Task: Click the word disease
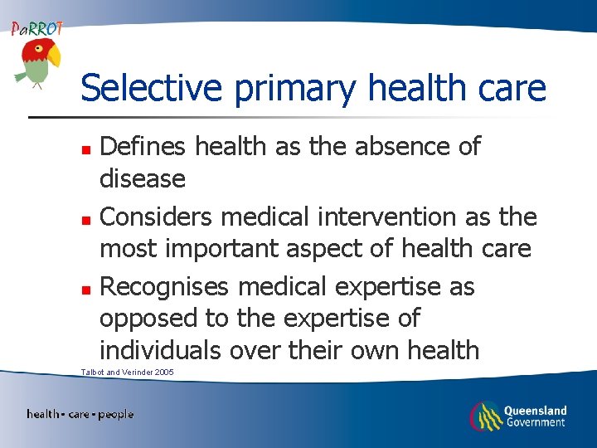(x=142, y=178)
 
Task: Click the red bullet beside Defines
(x=86, y=149)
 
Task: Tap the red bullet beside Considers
(x=86, y=219)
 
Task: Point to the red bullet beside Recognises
(x=86, y=289)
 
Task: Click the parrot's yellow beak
(x=55, y=56)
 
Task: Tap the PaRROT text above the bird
(x=36, y=27)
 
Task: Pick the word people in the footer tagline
(x=115, y=414)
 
